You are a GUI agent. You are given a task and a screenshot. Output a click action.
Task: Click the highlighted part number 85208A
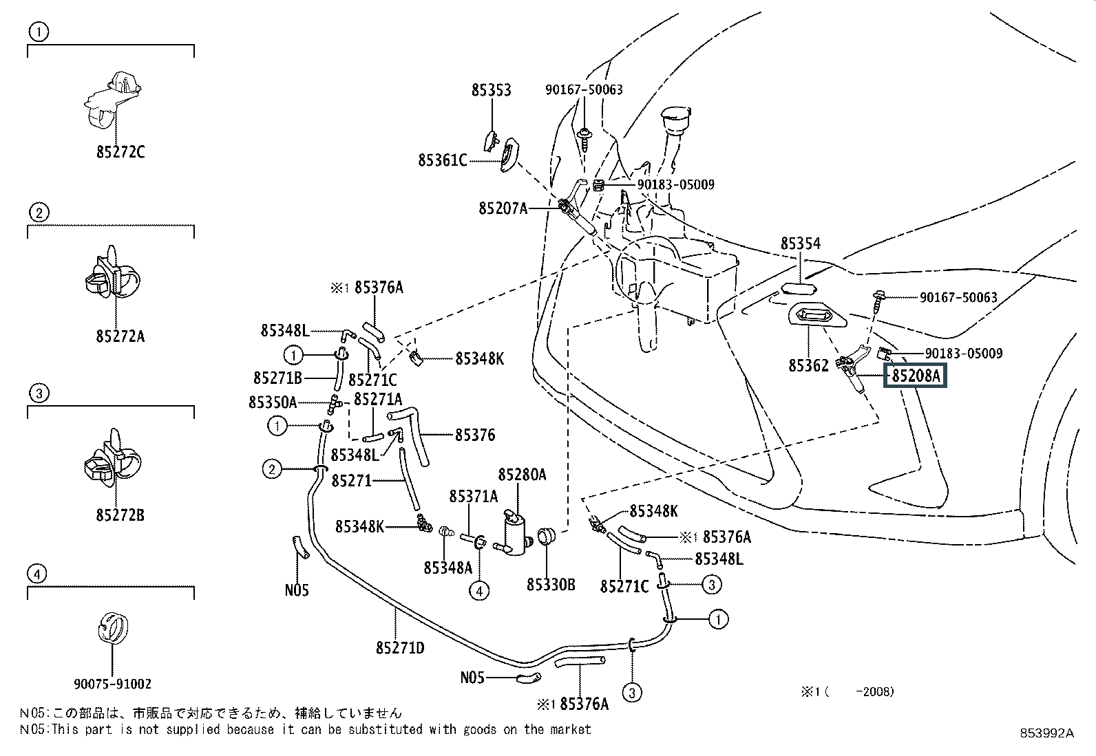click(916, 376)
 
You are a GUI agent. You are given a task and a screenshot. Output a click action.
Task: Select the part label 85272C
click(120, 152)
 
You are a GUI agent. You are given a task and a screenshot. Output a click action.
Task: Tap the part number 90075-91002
click(112, 684)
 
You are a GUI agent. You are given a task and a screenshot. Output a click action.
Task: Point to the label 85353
click(491, 90)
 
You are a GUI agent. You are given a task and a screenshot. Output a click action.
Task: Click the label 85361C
click(442, 160)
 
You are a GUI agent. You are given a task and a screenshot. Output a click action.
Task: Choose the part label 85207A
click(503, 207)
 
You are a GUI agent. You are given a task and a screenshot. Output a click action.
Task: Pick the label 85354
click(800, 244)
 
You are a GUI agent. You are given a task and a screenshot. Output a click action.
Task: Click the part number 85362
click(809, 366)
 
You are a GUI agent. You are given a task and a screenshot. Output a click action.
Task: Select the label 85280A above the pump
click(522, 474)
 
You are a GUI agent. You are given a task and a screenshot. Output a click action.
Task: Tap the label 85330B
click(551, 585)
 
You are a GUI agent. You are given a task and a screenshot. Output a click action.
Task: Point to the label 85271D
click(400, 647)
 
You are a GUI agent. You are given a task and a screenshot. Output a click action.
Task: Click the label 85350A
click(273, 402)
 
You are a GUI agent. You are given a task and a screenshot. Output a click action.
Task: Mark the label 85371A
click(473, 496)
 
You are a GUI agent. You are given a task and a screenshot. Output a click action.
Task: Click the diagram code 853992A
click(1047, 733)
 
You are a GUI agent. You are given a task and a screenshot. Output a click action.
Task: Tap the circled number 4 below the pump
click(480, 590)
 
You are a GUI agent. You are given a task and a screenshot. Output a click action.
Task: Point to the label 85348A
click(447, 568)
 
